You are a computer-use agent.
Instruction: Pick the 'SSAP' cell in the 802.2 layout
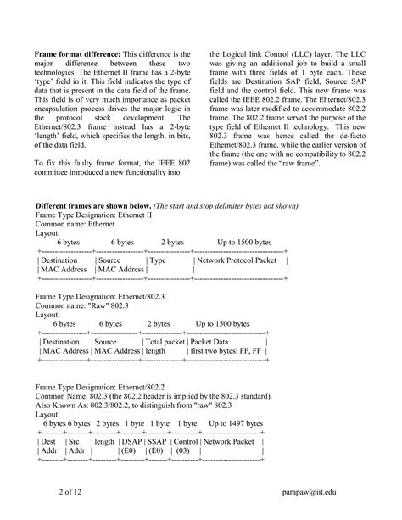pos(157,441)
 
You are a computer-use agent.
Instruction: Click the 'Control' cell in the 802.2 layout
pos(185,441)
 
